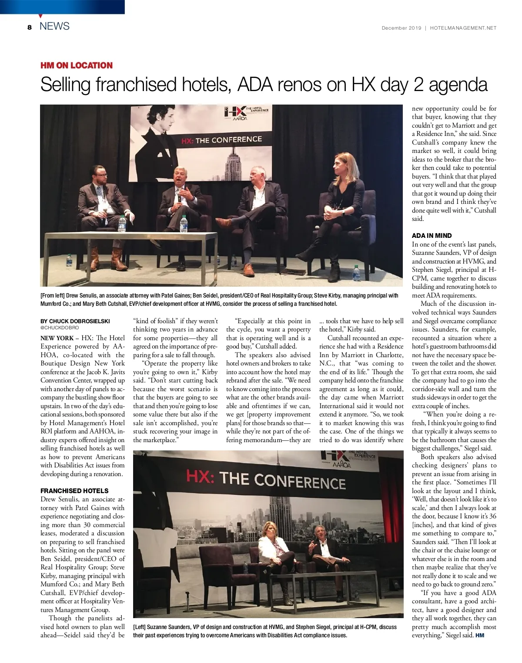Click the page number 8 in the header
coord(30,27)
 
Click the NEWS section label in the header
coord(54,26)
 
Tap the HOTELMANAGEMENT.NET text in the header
coord(463,28)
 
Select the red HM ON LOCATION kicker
coord(77,65)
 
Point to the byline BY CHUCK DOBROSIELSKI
coord(75,321)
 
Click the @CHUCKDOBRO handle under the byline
coord(60,328)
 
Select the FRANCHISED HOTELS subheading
coord(74,490)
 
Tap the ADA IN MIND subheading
coord(432,236)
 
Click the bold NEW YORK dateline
coord(57,338)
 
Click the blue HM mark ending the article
coord(480,636)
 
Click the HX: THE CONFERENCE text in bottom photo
coord(266,479)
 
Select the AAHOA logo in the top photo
coord(240,118)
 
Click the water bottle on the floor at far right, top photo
coord(357,273)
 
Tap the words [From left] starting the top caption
coord(53,296)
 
